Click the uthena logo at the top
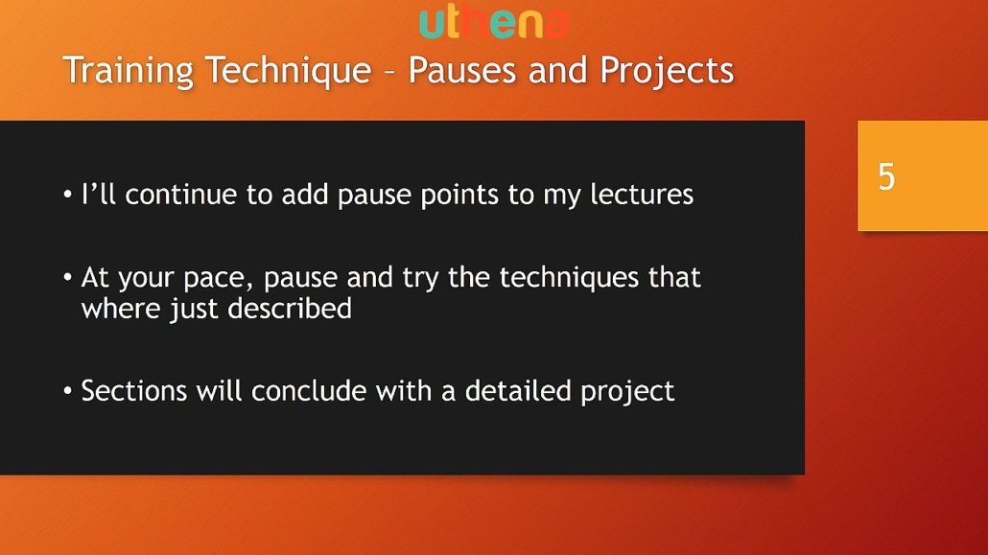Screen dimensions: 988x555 494,23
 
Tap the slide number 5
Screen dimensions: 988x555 886,176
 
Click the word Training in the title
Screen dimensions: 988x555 128,71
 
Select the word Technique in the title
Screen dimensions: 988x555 289,71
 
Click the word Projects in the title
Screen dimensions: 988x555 667,71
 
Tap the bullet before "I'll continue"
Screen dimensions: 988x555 67,195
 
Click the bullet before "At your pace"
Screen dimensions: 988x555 67,277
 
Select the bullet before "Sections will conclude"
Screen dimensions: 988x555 67,390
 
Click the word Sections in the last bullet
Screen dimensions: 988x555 134,390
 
